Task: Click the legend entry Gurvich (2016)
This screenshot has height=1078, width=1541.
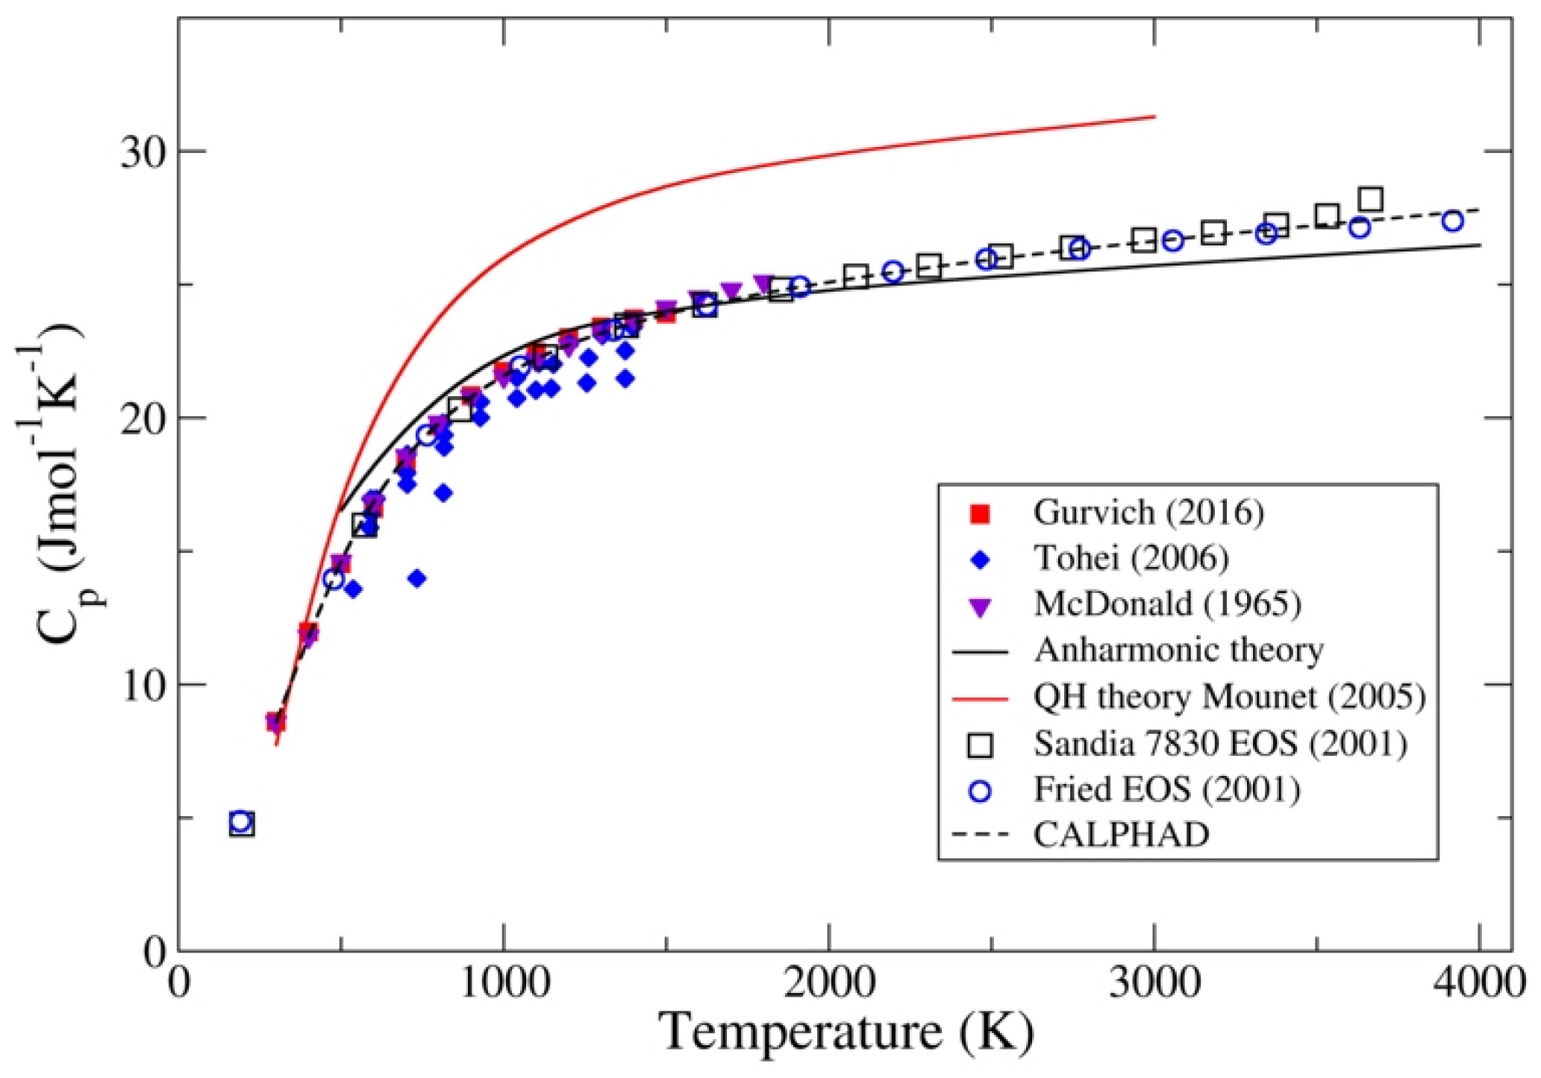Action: tap(1148, 513)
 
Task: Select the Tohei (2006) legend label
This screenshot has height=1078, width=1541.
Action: tap(1131, 558)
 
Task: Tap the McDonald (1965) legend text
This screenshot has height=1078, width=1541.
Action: tap(1167, 604)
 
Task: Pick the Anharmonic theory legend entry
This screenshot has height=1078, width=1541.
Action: tap(1178, 650)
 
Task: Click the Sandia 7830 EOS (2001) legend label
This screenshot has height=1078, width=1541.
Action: tap(1220, 743)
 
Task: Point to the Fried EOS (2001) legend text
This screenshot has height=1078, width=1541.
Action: tap(1166, 789)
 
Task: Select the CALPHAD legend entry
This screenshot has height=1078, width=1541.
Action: tap(1121, 835)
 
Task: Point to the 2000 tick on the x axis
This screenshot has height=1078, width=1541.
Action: tap(829, 984)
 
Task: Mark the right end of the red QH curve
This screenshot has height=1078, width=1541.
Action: tap(1154, 116)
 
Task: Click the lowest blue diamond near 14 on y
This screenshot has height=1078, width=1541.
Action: tap(417, 578)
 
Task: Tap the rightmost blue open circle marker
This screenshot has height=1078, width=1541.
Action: tap(1452, 221)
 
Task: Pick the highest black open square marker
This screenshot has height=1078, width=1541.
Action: tap(1371, 199)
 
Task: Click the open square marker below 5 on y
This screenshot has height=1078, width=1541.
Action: tap(242, 825)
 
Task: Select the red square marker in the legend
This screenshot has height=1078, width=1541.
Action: tap(980, 513)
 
